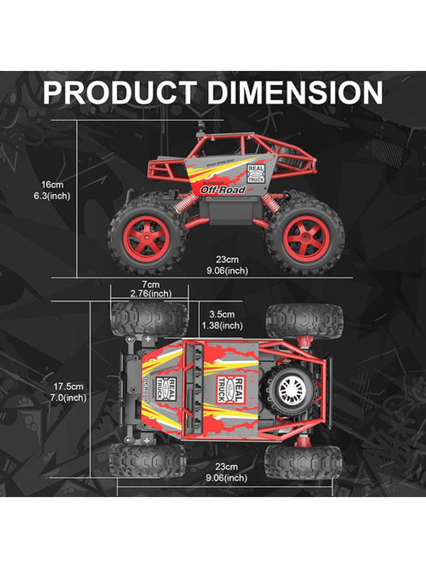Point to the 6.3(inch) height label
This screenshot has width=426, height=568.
tap(52, 196)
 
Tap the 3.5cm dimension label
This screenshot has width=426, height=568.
tap(222, 314)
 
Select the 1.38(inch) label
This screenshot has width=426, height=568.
tap(222, 326)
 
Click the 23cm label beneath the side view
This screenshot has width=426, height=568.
tap(227, 259)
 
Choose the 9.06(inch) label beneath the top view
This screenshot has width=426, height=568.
tap(227, 477)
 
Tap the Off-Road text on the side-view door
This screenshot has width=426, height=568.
tap(223, 190)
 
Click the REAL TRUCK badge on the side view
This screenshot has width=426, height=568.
tap(256, 174)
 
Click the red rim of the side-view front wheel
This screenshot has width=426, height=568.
tap(147, 236)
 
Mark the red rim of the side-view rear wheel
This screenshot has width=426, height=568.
tap(306, 236)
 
